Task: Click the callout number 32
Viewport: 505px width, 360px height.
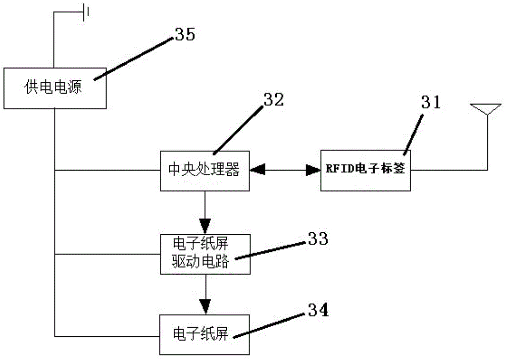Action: click(273, 99)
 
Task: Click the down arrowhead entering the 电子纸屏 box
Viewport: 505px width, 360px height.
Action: click(205, 305)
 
